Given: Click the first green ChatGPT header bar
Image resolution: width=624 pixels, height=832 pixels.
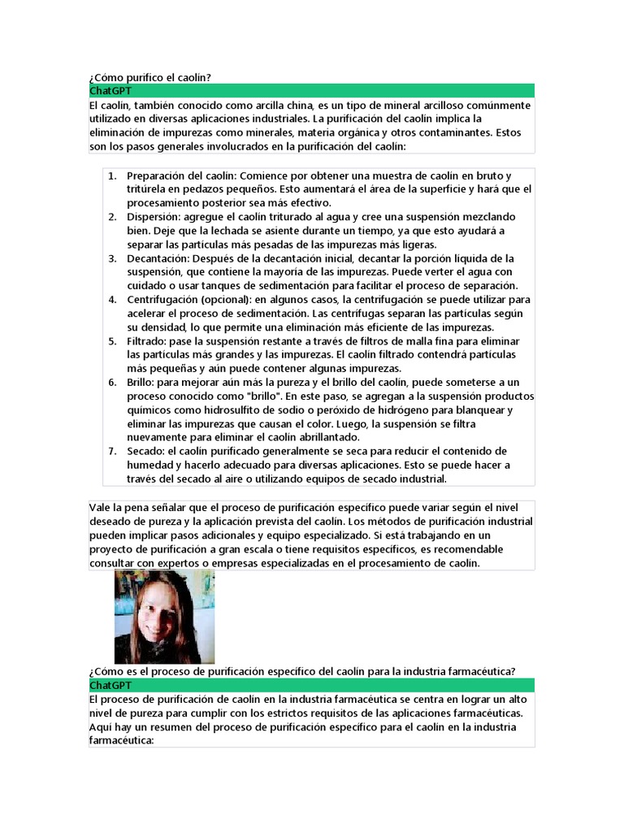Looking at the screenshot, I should pyautogui.click(x=311, y=90).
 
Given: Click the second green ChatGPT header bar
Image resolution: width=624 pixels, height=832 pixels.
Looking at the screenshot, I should pyautogui.click(x=311, y=685).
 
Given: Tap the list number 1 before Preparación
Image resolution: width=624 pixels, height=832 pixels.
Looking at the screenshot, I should pyautogui.click(x=112, y=175).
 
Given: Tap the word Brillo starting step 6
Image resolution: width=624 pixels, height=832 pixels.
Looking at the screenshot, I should pyautogui.click(x=141, y=382).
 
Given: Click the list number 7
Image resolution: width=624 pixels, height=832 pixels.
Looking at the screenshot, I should pyautogui.click(x=112, y=451).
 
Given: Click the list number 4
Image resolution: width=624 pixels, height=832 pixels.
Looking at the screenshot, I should pyautogui.click(x=112, y=300).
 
